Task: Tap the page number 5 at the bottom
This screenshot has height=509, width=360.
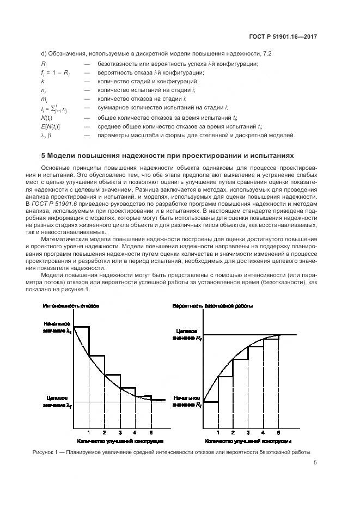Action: point(315,463)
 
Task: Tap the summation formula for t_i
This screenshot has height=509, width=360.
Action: point(57,108)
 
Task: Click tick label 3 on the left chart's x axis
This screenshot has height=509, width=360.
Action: point(120,432)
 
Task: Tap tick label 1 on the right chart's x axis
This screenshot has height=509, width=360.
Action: point(218,432)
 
